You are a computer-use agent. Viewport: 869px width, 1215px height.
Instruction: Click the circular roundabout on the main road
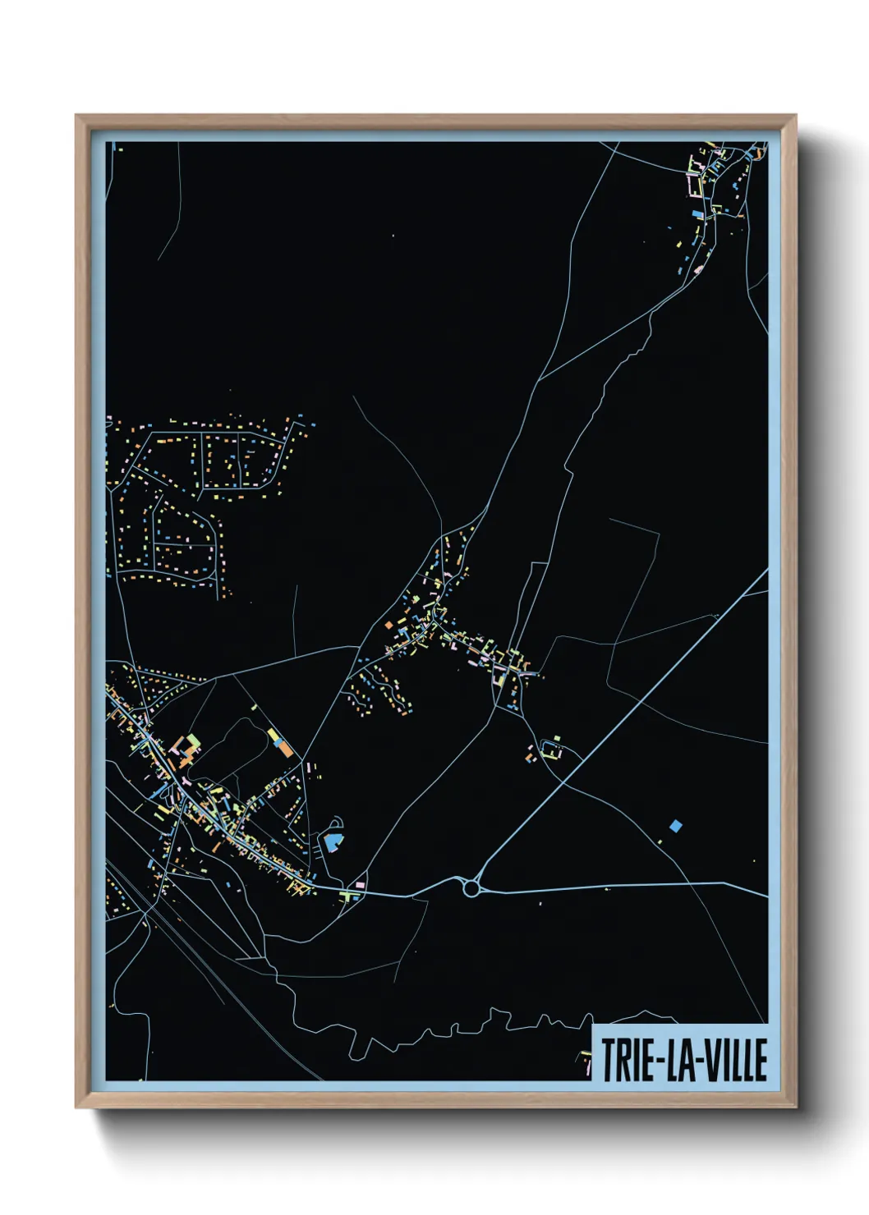471,887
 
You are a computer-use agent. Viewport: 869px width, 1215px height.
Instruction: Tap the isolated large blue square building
676,825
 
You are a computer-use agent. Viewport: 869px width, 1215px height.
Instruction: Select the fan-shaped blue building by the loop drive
332,841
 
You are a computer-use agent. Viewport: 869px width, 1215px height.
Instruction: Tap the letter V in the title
711,1060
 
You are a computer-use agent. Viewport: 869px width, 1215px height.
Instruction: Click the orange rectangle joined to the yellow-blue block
283,749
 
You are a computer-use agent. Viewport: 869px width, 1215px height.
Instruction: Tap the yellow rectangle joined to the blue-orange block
274,734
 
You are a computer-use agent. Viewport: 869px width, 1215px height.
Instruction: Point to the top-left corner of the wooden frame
77,116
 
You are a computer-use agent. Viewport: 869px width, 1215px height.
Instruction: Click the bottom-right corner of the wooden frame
794,1107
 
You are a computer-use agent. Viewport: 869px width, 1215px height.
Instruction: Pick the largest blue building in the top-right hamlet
697,214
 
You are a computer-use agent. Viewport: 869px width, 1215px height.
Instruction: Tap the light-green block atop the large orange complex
194,740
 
